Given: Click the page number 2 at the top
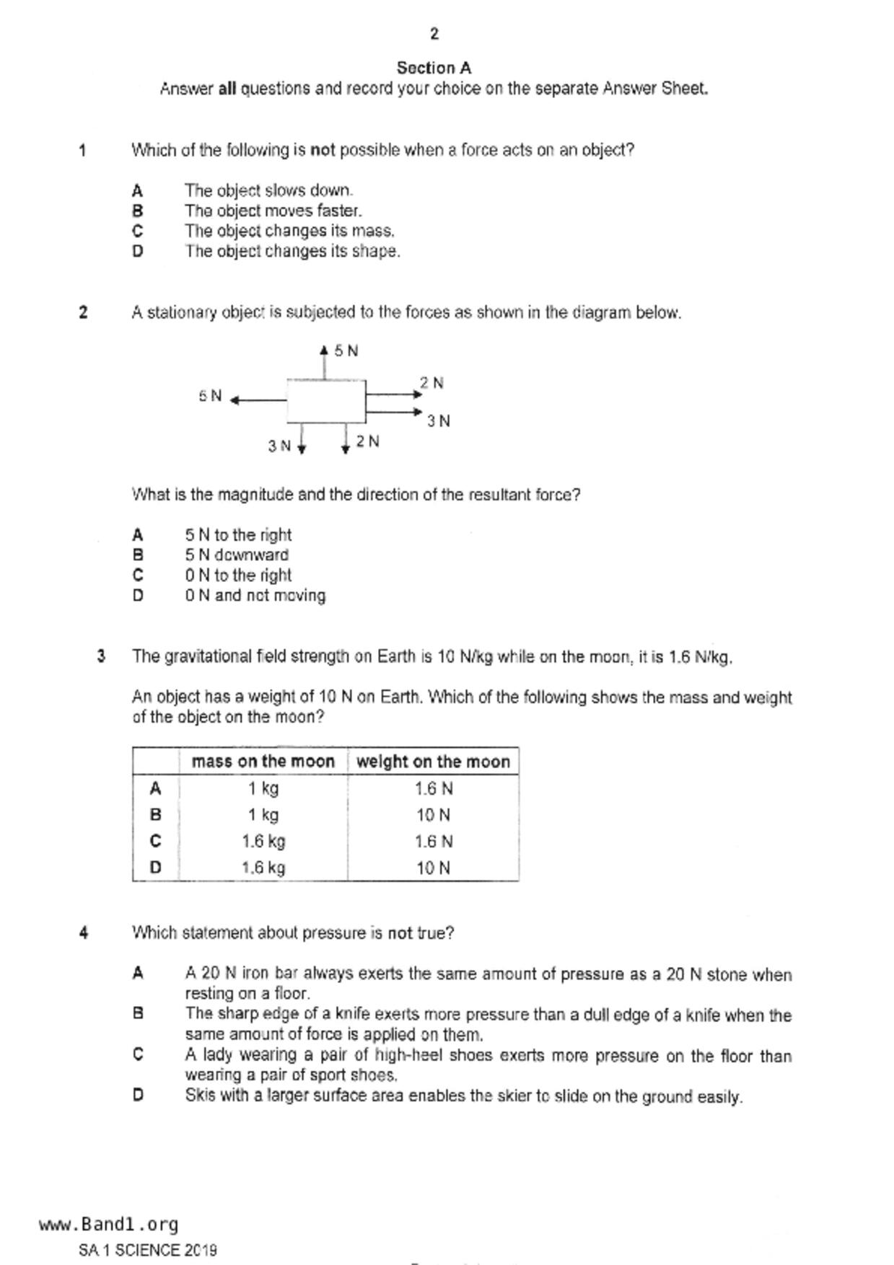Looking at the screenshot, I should click(434, 33).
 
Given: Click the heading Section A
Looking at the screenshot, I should click(434, 68).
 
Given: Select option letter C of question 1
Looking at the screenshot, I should click(137, 231).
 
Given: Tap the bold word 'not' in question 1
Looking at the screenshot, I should click(323, 150).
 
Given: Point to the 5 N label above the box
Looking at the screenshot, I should click(346, 351).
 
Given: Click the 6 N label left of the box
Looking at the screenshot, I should click(210, 396).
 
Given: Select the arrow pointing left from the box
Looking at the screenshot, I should click(258, 400).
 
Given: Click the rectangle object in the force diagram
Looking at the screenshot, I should click(326, 401).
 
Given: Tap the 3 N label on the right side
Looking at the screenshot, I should click(438, 420).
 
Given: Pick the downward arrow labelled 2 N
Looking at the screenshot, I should click(346, 439).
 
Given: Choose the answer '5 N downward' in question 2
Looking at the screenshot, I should click(236, 555).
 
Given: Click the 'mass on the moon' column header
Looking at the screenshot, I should click(263, 762).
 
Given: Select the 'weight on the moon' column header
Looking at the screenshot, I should click(433, 762).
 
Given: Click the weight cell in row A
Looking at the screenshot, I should click(433, 788).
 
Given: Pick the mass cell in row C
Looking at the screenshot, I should click(263, 841).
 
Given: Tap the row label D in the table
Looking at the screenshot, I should click(155, 868).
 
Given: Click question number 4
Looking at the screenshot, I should click(84, 933).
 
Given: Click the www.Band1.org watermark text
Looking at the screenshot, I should click(108, 1225).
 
